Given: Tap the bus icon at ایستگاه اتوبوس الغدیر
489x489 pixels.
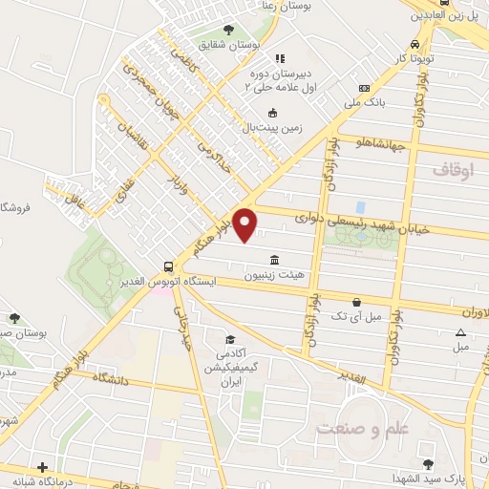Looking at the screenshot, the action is point(168,266).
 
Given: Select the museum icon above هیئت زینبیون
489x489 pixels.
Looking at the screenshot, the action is point(275,260).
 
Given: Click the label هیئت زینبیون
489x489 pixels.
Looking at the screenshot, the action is point(275,275).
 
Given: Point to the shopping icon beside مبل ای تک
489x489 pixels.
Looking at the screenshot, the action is point(356,301).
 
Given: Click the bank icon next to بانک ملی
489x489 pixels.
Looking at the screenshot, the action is point(364,88).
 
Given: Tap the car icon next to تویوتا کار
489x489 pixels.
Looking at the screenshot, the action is point(414,44).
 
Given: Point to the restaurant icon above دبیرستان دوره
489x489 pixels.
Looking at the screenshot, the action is point(279,58).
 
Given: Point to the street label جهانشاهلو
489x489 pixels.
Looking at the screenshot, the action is point(380,144).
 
